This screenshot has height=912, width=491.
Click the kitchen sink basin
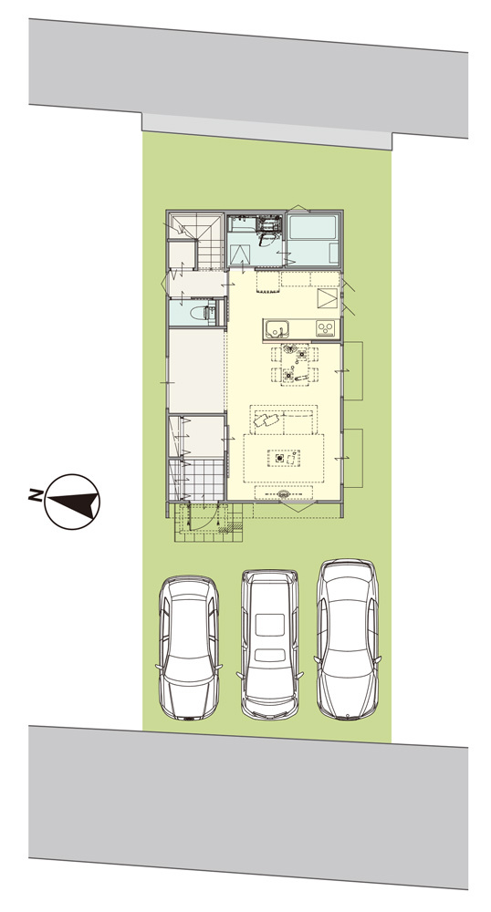click(276, 329)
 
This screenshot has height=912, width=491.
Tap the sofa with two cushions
click(284, 420)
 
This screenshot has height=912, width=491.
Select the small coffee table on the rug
click(283, 458)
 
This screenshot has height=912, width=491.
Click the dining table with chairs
click(295, 364)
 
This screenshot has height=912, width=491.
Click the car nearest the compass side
click(189, 648)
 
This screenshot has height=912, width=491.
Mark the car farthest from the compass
click(348, 640)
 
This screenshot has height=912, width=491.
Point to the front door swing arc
click(204, 519)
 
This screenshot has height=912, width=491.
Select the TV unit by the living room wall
click(284, 493)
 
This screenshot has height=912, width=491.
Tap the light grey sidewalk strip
click(267, 131)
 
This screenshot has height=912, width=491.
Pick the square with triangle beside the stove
click(327, 300)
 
